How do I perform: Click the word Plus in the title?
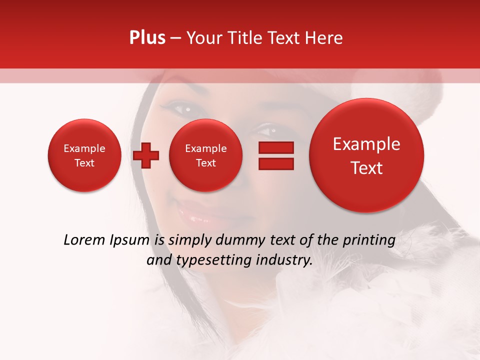pos(147,38)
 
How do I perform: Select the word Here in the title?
pos(324,38)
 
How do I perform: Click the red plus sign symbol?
pos(146,155)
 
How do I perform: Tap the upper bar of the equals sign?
pos(275,147)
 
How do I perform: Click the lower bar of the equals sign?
pos(275,164)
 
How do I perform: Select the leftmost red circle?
pos(84,155)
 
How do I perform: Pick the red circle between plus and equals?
pos(205,155)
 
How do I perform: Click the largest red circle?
pos(366,155)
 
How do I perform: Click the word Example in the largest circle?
pos(366,144)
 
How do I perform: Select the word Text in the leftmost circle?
pos(84,163)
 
